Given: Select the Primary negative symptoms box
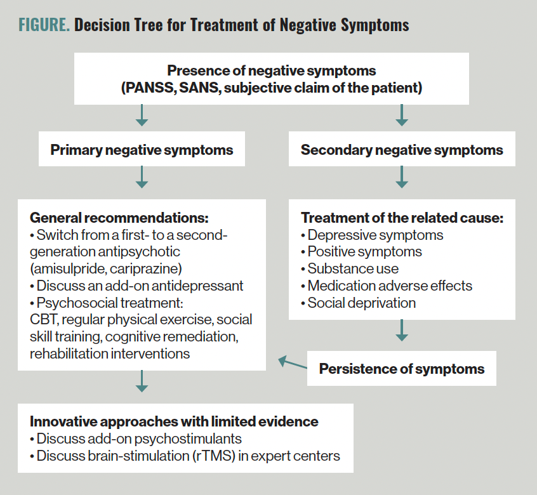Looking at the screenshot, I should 142,150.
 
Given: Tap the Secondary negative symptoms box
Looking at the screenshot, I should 401,150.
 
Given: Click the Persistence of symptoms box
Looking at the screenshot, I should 401,369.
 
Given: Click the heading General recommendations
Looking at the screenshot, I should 119,218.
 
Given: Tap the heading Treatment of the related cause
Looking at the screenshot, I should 402,218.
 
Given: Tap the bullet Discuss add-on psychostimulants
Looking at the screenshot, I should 136,439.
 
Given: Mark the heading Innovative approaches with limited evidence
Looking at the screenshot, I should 174,421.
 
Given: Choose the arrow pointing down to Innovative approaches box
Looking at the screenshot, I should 142,381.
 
